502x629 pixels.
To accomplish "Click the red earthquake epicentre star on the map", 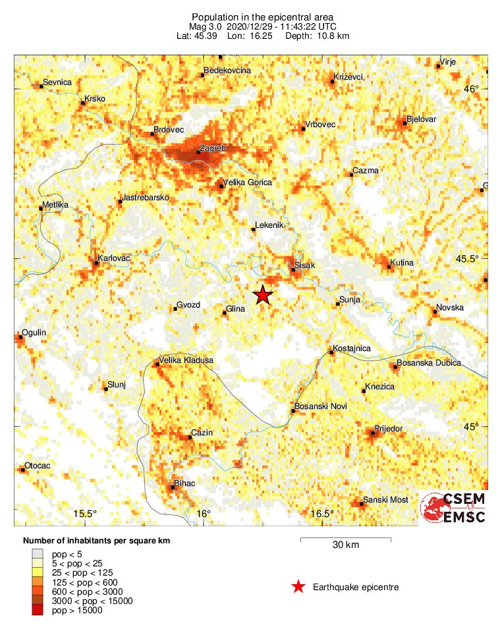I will click(263, 295).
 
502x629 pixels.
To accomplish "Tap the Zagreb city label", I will click(212, 149).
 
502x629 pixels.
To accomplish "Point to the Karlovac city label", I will click(114, 258).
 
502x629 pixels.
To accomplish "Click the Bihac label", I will click(184, 484).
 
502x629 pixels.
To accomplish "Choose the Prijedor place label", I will click(388, 429).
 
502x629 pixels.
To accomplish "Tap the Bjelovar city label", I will click(422, 119).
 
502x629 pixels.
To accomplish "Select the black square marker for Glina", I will click(225, 313).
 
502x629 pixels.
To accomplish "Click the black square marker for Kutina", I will click(388, 266).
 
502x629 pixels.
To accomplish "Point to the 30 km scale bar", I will click(346, 539).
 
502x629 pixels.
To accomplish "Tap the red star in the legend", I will click(298, 587).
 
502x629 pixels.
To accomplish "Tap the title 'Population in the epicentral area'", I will click(252, 16).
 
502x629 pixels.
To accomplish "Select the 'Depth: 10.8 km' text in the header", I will click(317, 35).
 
